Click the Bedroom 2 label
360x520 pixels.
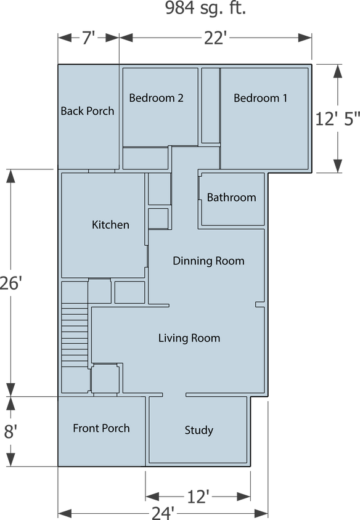(x=156, y=98)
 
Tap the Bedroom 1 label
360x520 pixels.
(x=260, y=98)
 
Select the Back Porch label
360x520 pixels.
(x=88, y=111)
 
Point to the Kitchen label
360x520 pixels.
(x=110, y=224)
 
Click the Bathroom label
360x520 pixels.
(x=231, y=197)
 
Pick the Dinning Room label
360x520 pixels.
(x=208, y=261)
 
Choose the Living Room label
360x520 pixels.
(x=189, y=338)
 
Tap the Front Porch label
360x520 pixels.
(x=101, y=428)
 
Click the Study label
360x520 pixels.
(x=198, y=430)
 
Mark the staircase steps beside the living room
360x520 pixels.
(x=75, y=336)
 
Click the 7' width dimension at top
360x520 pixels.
(x=87, y=39)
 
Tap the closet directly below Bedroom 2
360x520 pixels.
(x=145, y=158)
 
